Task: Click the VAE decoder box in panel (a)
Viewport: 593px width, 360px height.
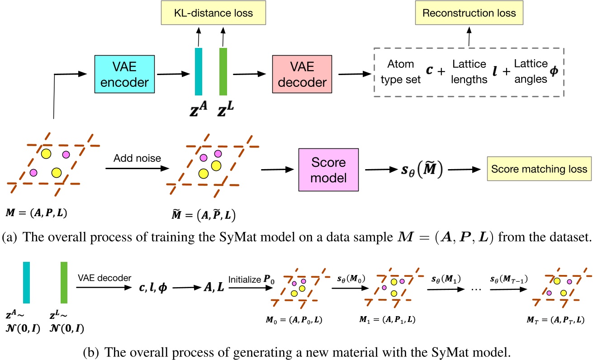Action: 302,75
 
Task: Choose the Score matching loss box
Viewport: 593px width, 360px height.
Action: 539,169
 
